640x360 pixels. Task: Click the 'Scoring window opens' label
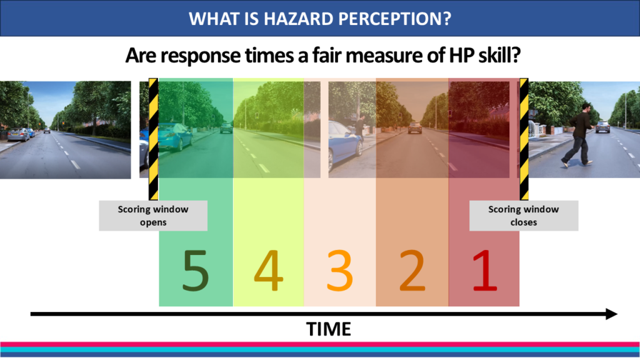click(x=153, y=216)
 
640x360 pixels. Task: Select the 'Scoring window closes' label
click(x=524, y=216)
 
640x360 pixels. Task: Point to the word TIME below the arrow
click(x=329, y=329)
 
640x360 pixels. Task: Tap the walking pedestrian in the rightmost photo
click(x=578, y=134)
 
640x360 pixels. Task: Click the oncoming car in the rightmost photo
click(x=602, y=127)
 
